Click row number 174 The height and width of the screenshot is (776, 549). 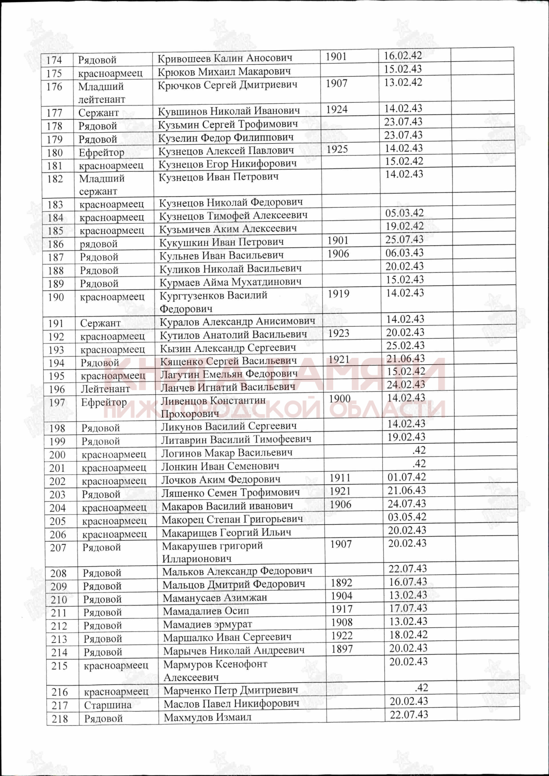[54, 60]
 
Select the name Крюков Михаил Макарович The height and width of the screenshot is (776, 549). [224, 72]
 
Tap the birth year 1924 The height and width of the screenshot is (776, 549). [337, 110]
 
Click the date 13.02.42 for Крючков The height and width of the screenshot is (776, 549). [403, 83]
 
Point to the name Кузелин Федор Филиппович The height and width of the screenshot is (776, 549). [226, 137]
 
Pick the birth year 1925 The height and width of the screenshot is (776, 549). [337, 149]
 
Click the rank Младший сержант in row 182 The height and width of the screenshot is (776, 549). [101, 185]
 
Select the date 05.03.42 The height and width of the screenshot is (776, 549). [405, 213]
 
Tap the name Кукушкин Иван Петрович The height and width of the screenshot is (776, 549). [221, 242]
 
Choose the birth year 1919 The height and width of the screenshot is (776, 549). [339, 294]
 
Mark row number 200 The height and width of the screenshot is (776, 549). [57, 455]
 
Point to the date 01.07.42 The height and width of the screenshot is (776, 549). [407, 477]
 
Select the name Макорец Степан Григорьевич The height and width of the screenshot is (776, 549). [232, 519]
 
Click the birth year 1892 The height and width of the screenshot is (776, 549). [341, 583]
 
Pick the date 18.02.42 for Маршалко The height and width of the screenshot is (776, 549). [408, 635]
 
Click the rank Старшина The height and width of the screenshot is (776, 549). [108, 705]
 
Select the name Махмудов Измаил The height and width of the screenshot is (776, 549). [207, 718]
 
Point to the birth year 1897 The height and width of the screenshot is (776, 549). [342, 649]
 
